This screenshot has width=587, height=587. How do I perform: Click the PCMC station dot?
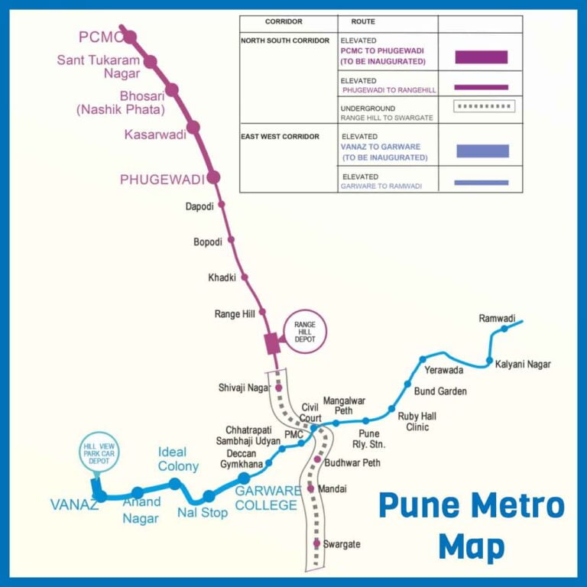[130, 37]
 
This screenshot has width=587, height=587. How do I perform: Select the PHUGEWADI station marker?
[213, 177]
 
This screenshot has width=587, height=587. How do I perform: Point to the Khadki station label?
[222, 277]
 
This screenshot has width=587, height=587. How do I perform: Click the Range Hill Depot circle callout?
[305, 332]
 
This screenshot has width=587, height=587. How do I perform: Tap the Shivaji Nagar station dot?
[279, 388]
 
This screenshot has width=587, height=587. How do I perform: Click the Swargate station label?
[341, 544]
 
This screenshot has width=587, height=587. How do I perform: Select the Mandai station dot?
[311, 488]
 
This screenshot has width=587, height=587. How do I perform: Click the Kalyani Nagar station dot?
[490, 361]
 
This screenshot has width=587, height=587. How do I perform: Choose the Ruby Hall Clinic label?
[417, 422]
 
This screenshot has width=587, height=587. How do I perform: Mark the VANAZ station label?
[74, 504]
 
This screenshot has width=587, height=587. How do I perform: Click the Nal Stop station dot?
[209, 496]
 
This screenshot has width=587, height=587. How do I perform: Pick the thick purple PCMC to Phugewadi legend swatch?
[482, 57]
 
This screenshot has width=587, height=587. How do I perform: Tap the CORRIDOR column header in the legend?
[284, 22]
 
